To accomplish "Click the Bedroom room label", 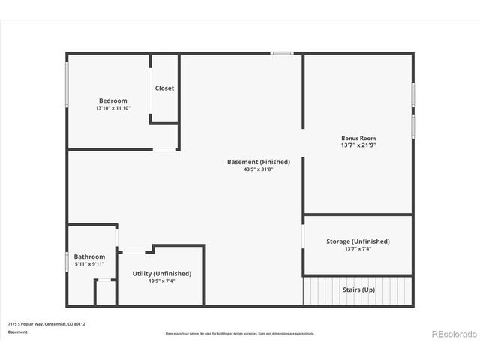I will (113, 100).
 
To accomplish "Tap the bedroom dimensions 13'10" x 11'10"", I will (113, 108).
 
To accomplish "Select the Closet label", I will (164, 88).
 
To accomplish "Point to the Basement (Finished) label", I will (259, 162).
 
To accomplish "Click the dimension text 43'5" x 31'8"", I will (259, 169).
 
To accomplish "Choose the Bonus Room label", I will (358, 138).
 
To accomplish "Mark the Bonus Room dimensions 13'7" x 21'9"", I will (358, 145).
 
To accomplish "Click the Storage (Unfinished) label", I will (358, 241).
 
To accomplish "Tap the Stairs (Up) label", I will (358, 289).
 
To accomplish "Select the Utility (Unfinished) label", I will (161, 274).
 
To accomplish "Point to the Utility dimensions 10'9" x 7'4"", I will (161, 281).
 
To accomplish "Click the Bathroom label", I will (89, 256).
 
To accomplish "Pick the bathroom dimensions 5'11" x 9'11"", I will (89, 264).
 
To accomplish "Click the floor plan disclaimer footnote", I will (240, 333).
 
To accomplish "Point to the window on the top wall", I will (282, 53).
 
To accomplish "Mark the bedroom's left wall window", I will (67, 84).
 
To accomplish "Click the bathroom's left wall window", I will (67, 261).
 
